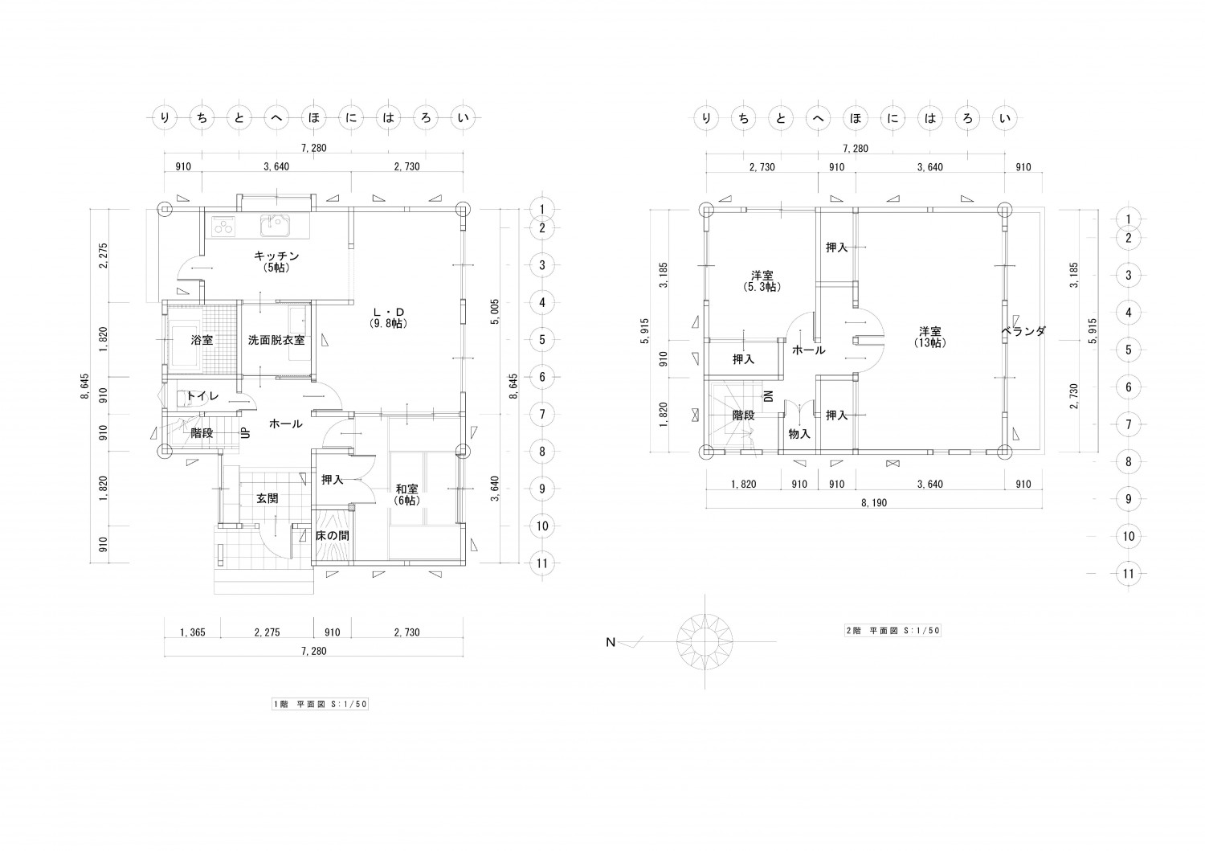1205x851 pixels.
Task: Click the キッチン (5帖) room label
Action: [276, 262]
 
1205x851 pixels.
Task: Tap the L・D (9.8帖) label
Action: [388, 318]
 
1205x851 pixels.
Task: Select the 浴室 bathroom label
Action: [202, 340]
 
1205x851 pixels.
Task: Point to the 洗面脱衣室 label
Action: [276, 340]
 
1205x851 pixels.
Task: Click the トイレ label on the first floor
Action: [202, 396]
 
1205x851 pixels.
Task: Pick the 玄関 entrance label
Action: [267, 498]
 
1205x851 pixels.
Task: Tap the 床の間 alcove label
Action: [333, 535]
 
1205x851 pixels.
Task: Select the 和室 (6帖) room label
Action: [406, 495]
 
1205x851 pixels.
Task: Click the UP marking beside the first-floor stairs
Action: [245, 433]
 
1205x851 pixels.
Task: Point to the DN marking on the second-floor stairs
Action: [769, 396]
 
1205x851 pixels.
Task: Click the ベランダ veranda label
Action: [1023, 332]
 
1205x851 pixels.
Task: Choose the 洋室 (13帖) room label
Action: [930, 337]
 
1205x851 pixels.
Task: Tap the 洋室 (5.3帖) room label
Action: [762, 281]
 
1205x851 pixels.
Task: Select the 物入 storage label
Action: [799, 434]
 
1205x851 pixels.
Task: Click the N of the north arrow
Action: [611, 642]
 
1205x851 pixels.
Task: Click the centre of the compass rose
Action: [705, 641]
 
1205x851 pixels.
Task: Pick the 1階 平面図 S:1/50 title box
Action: [320, 704]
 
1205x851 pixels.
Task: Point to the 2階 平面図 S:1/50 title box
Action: [893, 631]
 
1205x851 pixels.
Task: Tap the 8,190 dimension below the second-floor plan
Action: [874, 503]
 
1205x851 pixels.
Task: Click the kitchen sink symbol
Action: [275, 226]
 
